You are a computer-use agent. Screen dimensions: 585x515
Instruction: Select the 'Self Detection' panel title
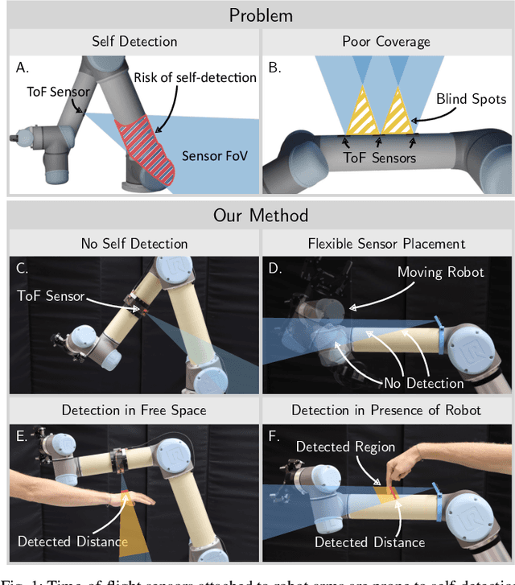click(134, 42)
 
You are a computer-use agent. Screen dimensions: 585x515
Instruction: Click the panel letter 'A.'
click(22, 68)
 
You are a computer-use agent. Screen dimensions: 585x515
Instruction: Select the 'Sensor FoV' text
click(213, 156)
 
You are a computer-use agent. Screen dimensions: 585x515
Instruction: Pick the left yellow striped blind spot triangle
click(360, 113)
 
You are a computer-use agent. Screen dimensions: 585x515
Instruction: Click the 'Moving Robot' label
click(441, 272)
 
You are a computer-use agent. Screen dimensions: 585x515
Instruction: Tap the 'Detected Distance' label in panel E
click(72, 542)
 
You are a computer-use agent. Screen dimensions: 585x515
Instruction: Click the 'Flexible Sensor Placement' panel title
click(386, 243)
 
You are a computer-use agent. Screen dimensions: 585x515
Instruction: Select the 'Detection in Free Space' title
click(134, 410)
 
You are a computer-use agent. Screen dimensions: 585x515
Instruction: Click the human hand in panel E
click(141, 500)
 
